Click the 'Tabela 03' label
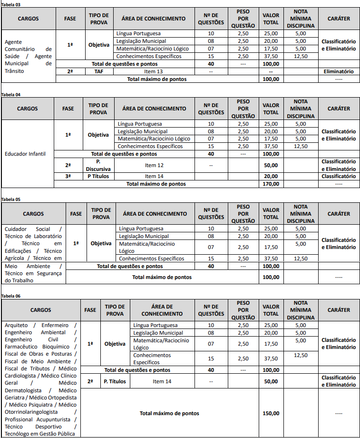pyautogui.click(x=11, y=4)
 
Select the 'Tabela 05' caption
pyautogui.click(x=11, y=199)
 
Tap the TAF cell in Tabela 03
pyautogui.click(x=99, y=71)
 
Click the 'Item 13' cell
pyautogui.click(x=153, y=71)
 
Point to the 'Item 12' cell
pyautogui.click(x=154, y=165)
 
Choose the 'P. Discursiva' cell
pyautogui.click(x=99, y=165)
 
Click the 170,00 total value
pyautogui.click(x=271, y=184)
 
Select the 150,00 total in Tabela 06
pyautogui.click(x=271, y=413)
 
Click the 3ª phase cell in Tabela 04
pyautogui.click(x=68, y=176)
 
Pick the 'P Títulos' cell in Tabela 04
pyautogui.click(x=98, y=176)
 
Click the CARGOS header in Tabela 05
pyautogui.click(x=33, y=214)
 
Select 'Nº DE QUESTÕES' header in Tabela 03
pyautogui.click(x=211, y=19)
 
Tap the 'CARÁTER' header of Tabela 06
pyautogui.click(x=339, y=310)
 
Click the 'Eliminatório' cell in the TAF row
pyautogui.click(x=339, y=71)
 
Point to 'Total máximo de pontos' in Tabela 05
pyautogui.click(x=162, y=277)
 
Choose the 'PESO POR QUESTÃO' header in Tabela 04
pyautogui.click(x=243, y=109)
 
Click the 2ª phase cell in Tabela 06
pyautogui.click(x=90, y=381)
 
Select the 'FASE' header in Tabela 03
pyautogui.click(x=69, y=19)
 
